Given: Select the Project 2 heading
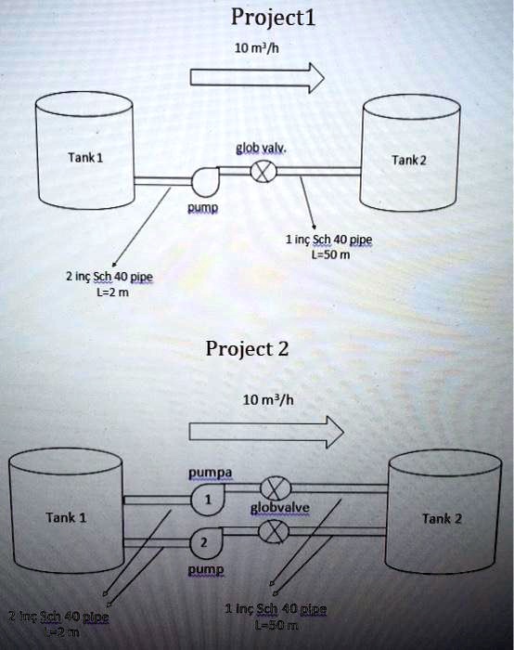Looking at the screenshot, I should (247, 349).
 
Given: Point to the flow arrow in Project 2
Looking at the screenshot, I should (265, 432).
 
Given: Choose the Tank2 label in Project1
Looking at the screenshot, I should (408, 159).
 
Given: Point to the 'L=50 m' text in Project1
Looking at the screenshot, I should (328, 256).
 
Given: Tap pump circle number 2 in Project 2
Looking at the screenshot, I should (205, 542).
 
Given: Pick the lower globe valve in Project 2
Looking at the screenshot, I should (273, 531).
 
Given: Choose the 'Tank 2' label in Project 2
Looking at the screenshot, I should (441, 518).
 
